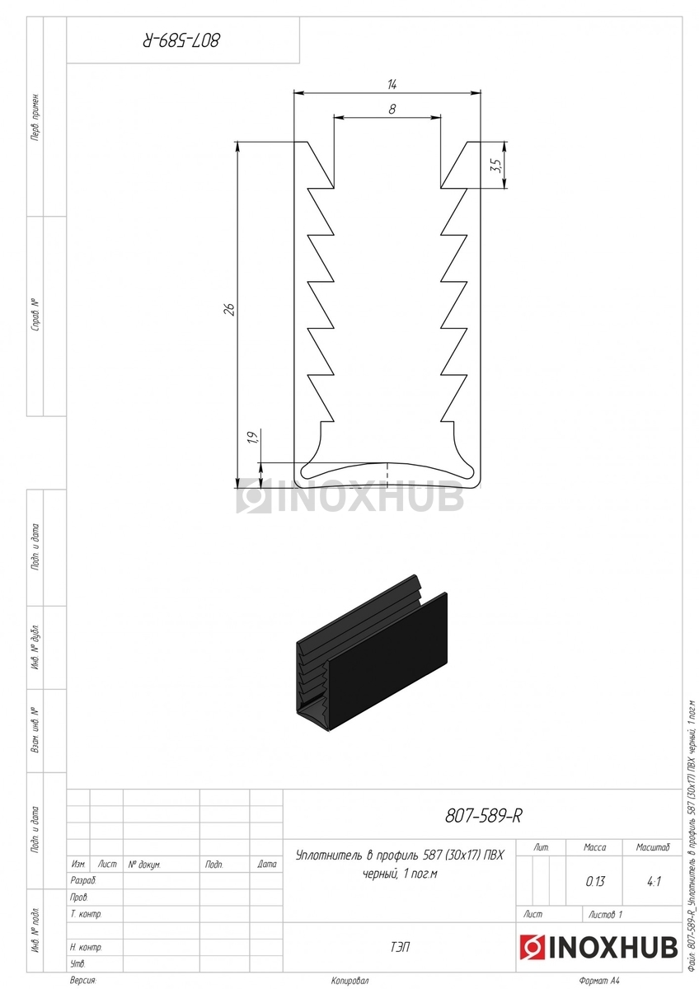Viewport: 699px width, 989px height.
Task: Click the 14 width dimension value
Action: [392, 84]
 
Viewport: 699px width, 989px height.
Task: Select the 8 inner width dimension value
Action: [392, 109]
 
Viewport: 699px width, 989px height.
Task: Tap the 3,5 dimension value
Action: [496, 166]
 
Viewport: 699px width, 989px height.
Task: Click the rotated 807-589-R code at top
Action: [181, 40]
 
